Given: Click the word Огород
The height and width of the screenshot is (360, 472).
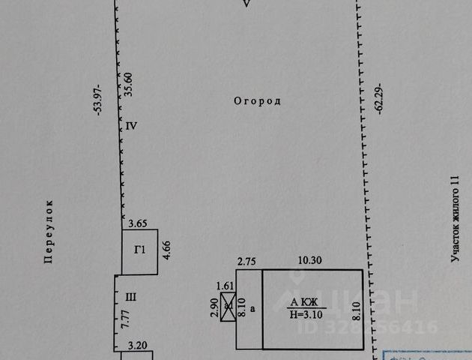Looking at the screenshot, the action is click(256, 100).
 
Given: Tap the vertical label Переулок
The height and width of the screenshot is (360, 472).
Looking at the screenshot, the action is click(48, 231).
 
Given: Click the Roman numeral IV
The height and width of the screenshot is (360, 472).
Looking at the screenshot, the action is click(131, 126).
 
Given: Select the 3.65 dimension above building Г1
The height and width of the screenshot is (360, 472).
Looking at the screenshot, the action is click(137, 223).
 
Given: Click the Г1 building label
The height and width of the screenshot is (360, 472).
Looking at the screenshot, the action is click(139, 250).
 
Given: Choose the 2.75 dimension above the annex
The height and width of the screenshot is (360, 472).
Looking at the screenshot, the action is click(246, 261).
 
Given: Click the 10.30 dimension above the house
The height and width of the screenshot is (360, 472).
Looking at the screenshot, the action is click(311, 261).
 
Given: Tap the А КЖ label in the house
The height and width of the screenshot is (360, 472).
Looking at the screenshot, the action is click(303, 302).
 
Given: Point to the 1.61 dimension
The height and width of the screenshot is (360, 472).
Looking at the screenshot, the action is click(226, 286).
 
